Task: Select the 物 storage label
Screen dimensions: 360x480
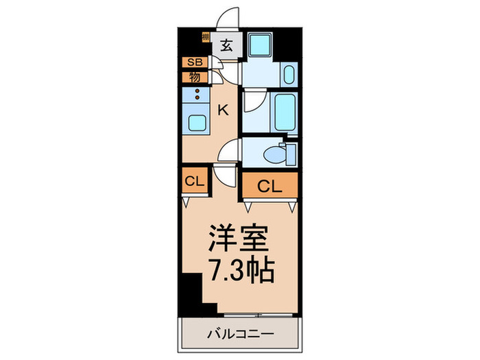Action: [195, 76]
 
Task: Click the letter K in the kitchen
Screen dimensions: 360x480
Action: [223, 108]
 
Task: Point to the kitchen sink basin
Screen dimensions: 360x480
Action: [197, 123]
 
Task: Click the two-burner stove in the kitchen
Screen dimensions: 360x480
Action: [197, 95]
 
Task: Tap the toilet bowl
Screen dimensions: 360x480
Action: [276, 155]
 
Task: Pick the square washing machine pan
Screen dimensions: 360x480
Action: [261, 45]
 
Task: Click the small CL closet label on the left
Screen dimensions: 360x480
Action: [193, 182]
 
